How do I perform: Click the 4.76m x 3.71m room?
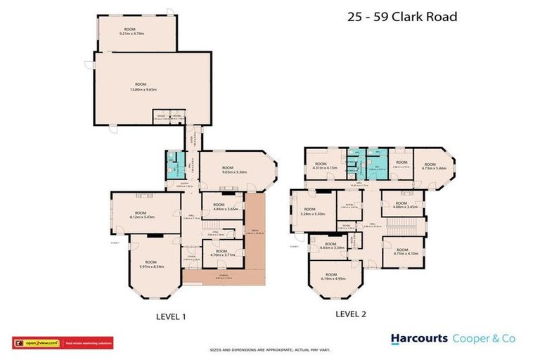click(221, 252)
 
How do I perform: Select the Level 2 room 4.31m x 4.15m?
click(325, 167)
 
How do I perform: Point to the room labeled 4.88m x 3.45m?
click(401, 206)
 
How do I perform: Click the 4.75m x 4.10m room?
click(401, 251)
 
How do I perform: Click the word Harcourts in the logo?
click(419, 338)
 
